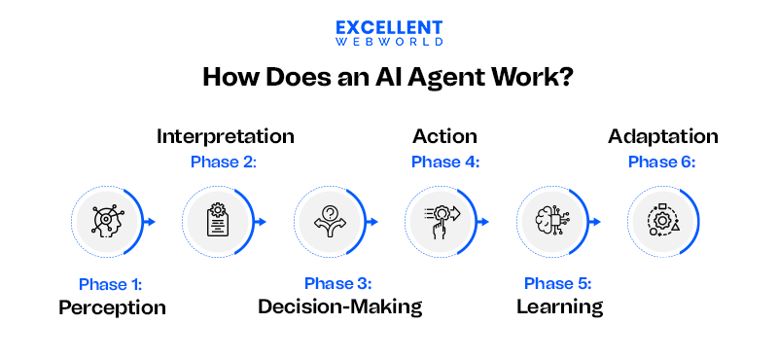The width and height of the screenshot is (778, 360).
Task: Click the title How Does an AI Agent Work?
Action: point(388,78)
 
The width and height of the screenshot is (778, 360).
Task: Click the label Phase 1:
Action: point(111,284)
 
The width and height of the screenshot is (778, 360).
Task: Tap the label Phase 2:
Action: point(224,162)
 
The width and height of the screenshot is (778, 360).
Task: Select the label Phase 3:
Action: point(337,284)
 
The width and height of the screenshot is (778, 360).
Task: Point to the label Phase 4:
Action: point(445,162)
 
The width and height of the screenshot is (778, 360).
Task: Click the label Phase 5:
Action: point(557,284)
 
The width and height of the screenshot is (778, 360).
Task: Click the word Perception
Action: point(112,308)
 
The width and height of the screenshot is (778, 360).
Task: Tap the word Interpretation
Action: point(225,136)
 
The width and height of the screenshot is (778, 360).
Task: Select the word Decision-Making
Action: point(339,308)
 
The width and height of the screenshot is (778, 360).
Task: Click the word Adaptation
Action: point(663,136)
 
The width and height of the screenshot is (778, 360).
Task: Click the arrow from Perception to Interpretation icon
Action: point(150,222)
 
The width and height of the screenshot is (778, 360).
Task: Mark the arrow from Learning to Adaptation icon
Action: point(593,222)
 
